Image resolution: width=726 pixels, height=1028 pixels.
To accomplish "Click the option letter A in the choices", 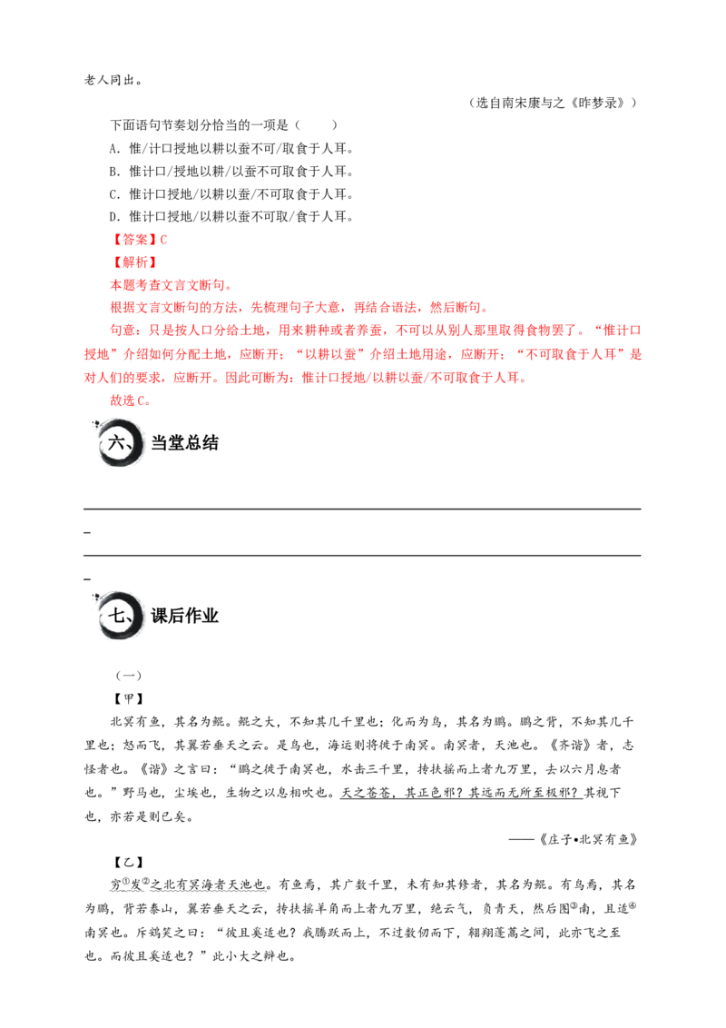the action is click(x=114, y=149).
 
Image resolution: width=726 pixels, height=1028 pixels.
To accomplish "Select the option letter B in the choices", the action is click(x=114, y=172).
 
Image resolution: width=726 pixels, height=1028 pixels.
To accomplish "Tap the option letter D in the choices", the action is click(x=114, y=217).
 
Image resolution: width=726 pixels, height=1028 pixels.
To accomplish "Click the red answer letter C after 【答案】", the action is click(x=163, y=240).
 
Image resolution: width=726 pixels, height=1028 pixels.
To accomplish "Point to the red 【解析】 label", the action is click(x=133, y=262).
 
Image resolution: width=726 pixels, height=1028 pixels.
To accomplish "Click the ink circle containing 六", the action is click(x=119, y=443).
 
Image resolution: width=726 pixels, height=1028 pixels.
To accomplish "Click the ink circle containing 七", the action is click(x=119, y=616).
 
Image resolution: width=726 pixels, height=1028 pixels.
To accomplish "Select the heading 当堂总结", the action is click(x=184, y=443).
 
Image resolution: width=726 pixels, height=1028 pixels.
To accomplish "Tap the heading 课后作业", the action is click(x=184, y=616).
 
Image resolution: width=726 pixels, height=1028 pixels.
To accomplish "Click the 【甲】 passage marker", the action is click(x=129, y=699).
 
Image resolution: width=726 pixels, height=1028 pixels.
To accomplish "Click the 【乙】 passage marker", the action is click(x=129, y=862).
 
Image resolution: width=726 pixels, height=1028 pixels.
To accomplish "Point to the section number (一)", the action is click(x=129, y=676).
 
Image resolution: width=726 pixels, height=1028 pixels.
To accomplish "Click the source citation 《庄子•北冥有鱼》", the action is click(x=587, y=839).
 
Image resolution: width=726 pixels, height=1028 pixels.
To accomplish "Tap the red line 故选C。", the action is click(x=130, y=400).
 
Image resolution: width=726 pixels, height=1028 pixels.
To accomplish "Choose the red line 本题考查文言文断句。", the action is click(x=171, y=285).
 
